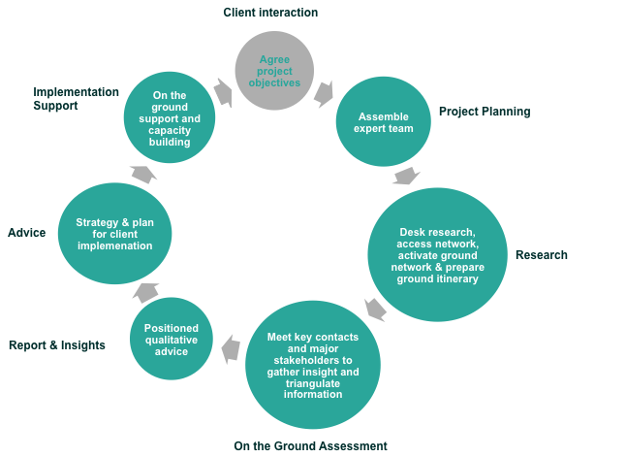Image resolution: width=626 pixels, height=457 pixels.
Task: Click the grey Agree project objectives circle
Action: tap(275, 71)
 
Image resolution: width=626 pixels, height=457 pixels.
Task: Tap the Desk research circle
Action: tap(438, 254)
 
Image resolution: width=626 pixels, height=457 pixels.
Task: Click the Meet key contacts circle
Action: tap(312, 366)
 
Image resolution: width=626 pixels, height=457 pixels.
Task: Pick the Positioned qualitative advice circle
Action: tap(172, 339)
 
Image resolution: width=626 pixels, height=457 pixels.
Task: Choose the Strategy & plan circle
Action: tap(115, 233)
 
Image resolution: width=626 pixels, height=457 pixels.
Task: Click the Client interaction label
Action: tap(270, 13)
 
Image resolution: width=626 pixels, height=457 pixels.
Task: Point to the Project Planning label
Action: tap(485, 112)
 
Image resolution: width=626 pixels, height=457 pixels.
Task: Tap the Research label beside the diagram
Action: tap(541, 255)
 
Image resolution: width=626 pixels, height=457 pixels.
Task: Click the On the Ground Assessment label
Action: tap(310, 446)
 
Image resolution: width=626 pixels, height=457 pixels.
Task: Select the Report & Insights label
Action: tap(57, 344)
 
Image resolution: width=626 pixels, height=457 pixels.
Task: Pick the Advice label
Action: tap(26, 233)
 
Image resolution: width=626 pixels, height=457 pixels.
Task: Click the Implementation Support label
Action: tap(76, 99)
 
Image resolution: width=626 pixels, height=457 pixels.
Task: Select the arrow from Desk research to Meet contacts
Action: tap(374, 310)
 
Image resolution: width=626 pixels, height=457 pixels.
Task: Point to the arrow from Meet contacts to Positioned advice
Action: tap(231, 348)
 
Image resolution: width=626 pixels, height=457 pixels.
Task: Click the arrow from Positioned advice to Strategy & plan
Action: tap(145, 291)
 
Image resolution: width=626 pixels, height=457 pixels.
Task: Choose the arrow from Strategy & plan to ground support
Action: tap(142, 174)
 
